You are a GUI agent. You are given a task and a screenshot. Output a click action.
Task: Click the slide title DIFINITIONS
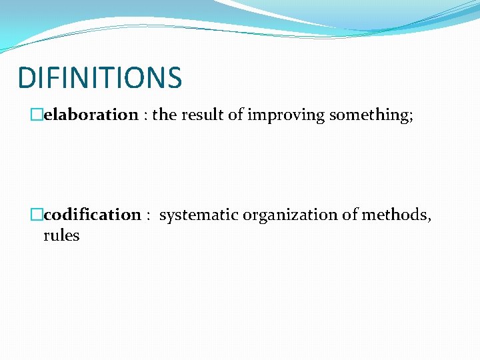point(99,77)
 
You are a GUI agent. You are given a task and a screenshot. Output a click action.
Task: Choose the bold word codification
point(92,215)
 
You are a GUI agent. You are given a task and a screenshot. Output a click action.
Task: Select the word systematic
point(199,215)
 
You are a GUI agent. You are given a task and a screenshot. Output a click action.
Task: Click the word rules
point(61,235)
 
